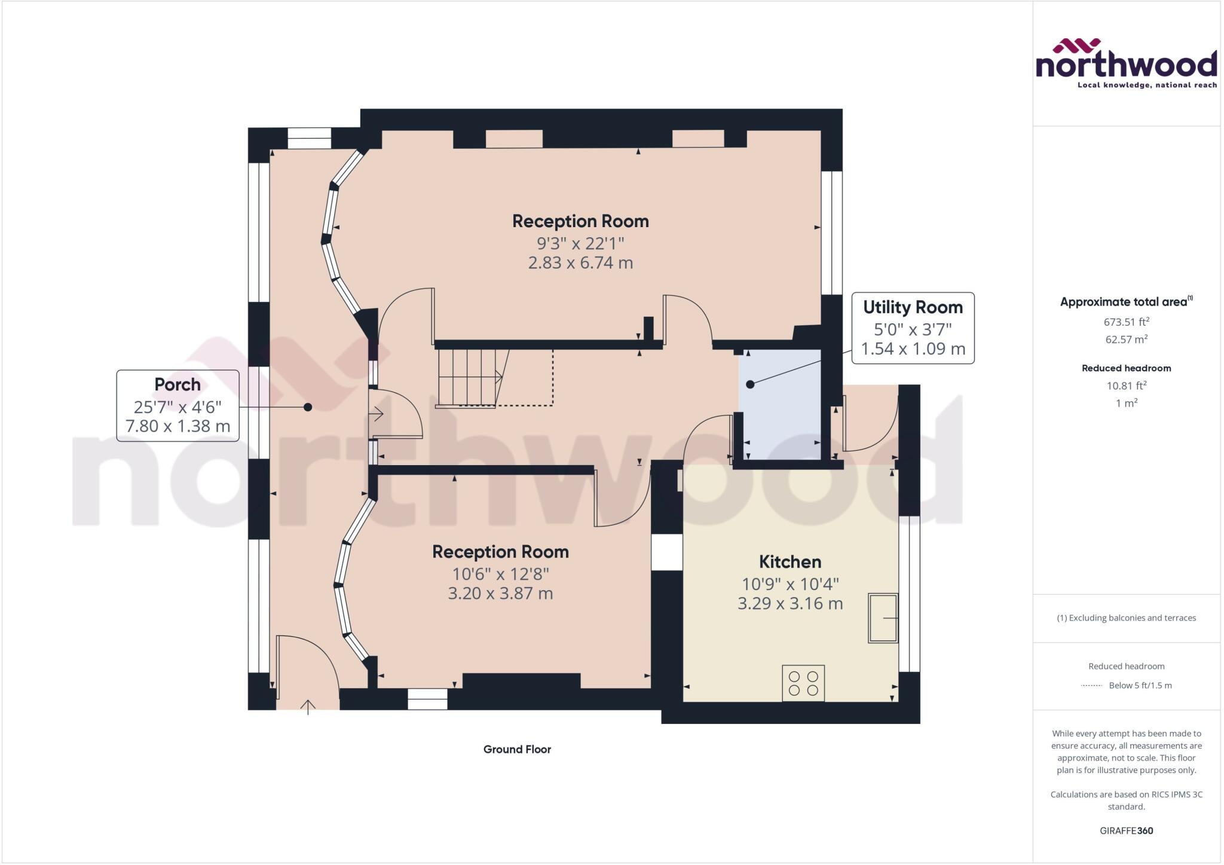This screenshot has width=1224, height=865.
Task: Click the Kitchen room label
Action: click(790, 562)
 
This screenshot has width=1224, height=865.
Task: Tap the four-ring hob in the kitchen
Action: click(803, 683)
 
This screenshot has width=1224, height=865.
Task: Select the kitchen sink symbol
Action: click(883, 618)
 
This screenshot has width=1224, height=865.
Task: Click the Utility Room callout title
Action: click(913, 307)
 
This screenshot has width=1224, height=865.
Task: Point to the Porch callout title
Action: click(178, 384)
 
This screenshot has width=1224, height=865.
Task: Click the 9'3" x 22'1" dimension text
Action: click(580, 243)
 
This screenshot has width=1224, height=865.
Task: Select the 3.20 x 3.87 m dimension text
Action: click(500, 594)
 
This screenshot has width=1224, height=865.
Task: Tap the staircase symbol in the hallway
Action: click(469, 378)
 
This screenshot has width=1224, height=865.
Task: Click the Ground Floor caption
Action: click(517, 750)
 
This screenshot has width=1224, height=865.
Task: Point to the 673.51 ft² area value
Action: click(1126, 322)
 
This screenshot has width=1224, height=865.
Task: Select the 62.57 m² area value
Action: click(1126, 340)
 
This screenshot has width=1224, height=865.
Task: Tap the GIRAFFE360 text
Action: click(1126, 831)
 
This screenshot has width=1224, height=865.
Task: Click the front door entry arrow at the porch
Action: click(308, 707)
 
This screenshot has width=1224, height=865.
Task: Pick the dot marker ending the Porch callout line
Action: click(308, 407)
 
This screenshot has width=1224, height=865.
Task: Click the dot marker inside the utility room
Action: click(750, 384)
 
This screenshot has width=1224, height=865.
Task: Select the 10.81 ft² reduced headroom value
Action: click(1126, 386)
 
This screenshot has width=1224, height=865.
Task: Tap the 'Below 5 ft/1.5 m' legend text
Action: click(1140, 686)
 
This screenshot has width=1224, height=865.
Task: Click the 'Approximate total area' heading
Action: click(1124, 302)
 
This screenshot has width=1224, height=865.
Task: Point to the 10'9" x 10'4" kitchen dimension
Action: click(790, 584)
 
